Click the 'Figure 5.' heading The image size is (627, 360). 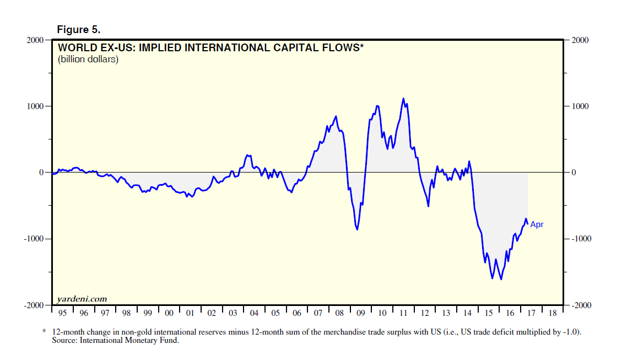pyautogui.click(x=79, y=29)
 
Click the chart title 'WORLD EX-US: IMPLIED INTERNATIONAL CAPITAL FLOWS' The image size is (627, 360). pyautogui.click(x=210, y=48)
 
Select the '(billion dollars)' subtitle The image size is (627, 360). pyautogui.click(x=88, y=60)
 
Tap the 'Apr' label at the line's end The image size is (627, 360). pyautogui.click(x=537, y=224)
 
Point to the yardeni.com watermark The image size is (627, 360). pyautogui.click(x=82, y=299)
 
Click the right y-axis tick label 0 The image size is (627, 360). pyautogui.click(x=574, y=173)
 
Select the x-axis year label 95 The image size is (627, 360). pyautogui.click(x=62, y=313)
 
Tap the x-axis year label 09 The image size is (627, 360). pyautogui.click(x=360, y=313)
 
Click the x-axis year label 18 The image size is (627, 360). pyautogui.click(x=552, y=313)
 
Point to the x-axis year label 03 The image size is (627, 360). pyautogui.click(x=233, y=313)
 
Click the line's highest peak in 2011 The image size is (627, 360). pyautogui.click(x=403, y=99)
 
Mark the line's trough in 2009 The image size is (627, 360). pyautogui.click(x=358, y=229)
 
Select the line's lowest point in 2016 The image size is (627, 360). pyautogui.click(x=501, y=280)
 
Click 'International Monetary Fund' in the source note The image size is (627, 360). pyautogui.click(x=132, y=340)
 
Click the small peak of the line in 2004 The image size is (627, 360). pyautogui.click(x=247, y=155)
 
